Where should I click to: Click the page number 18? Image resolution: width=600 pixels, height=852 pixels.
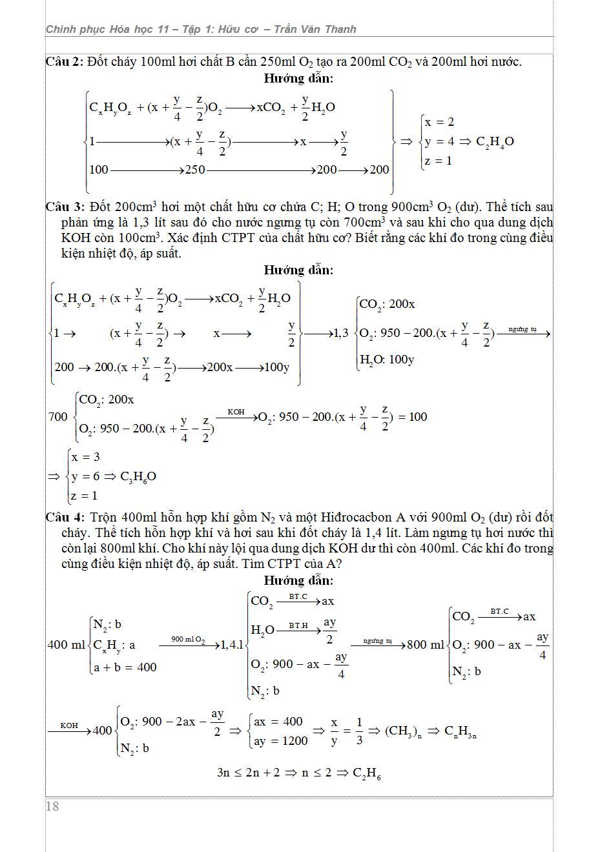point(52,806)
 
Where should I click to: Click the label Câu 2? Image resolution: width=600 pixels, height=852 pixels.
point(65,62)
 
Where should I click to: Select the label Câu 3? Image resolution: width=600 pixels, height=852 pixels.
point(65,207)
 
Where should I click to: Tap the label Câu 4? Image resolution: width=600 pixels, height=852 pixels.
point(65,518)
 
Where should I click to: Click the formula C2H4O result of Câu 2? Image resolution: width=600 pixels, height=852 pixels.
point(495,142)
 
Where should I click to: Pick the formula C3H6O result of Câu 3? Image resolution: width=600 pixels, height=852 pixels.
point(138,477)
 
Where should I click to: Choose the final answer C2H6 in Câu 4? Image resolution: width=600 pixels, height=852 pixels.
point(367,773)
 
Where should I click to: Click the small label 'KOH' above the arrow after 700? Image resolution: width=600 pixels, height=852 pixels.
point(236,412)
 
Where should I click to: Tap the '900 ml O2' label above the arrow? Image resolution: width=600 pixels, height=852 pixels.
point(188,639)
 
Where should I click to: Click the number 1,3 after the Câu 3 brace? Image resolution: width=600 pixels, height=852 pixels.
point(340,334)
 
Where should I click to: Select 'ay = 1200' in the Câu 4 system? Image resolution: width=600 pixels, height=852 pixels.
point(281,741)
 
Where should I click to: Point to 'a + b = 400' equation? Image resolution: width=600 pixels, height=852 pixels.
point(125,667)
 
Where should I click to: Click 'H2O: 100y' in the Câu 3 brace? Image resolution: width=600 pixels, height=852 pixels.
point(387,360)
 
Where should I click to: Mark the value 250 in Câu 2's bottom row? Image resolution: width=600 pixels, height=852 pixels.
point(195,170)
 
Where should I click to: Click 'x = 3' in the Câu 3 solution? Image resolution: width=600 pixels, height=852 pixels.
point(86,457)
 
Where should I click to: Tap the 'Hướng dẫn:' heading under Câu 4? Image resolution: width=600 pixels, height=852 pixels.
point(298,580)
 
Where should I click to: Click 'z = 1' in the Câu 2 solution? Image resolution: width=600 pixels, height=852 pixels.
point(439,161)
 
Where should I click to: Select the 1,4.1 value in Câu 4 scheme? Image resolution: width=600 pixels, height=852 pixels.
point(232,645)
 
